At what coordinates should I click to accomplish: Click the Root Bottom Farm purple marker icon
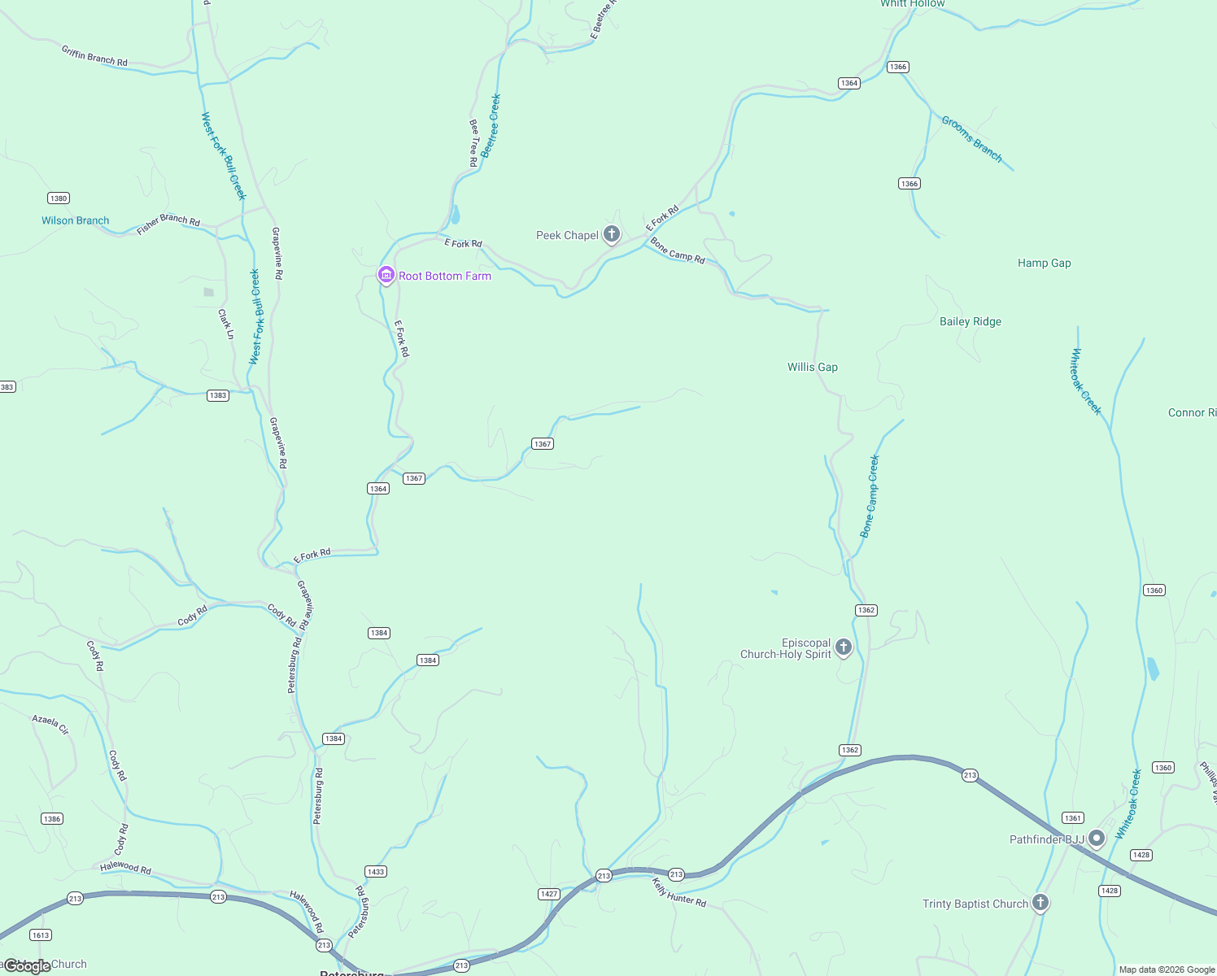(x=386, y=275)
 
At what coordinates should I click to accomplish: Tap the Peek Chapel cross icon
(x=612, y=234)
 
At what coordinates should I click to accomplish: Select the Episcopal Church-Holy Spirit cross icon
(x=844, y=647)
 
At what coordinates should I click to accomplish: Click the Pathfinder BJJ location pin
(x=1097, y=838)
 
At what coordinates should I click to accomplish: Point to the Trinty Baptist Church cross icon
(x=1040, y=902)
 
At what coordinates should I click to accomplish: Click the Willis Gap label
(x=812, y=367)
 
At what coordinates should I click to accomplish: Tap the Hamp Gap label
(x=1044, y=263)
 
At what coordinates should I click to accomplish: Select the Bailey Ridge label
(x=970, y=321)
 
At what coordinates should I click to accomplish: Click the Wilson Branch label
(x=75, y=220)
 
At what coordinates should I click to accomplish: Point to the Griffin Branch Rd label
(x=94, y=55)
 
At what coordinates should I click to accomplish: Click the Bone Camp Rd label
(x=677, y=251)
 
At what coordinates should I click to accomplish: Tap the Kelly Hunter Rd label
(x=679, y=892)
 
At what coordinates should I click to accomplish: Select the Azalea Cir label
(x=50, y=725)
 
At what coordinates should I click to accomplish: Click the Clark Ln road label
(x=226, y=324)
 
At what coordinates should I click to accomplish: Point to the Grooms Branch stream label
(x=971, y=139)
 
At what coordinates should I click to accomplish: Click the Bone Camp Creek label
(x=870, y=496)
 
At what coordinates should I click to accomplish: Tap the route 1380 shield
(x=59, y=198)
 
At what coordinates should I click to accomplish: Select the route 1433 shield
(x=376, y=871)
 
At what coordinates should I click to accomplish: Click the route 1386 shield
(x=52, y=818)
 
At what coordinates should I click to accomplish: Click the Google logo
(x=27, y=965)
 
